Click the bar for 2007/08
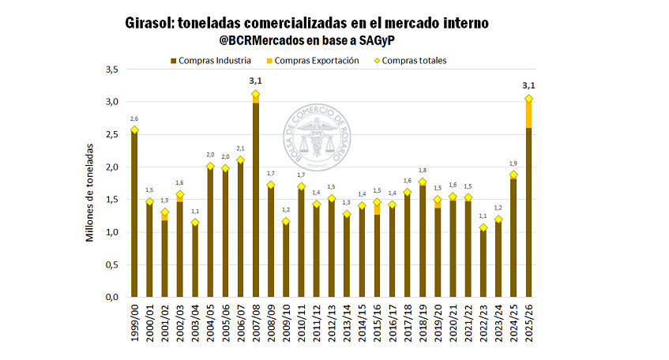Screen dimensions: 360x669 [255, 201]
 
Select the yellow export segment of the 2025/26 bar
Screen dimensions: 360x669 [528, 114]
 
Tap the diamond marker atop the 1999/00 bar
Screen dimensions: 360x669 [134, 129]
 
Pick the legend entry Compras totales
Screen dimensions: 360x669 [409, 60]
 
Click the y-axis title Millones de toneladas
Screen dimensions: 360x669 [92, 191]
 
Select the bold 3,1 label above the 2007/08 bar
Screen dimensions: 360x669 [255, 81]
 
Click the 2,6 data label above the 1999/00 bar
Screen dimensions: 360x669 [134, 118]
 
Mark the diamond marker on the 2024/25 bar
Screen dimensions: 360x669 [513, 174]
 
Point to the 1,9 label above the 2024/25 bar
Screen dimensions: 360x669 [513, 163]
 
